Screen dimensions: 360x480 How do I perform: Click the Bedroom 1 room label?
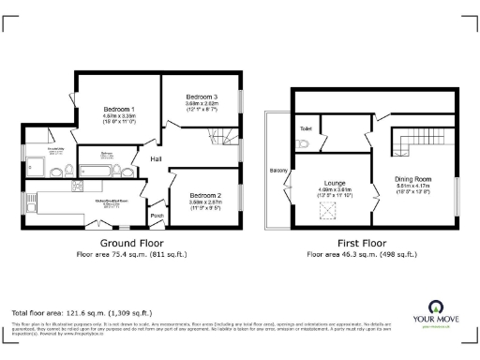coord(119,109)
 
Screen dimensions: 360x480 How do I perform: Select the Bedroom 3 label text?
coord(202,97)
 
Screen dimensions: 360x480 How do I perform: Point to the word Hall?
coord(157,159)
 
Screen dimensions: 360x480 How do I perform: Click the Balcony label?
coord(278,171)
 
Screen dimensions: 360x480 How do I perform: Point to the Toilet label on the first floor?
coord(306,127)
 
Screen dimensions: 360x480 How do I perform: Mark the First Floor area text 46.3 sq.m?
coord(361,254)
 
